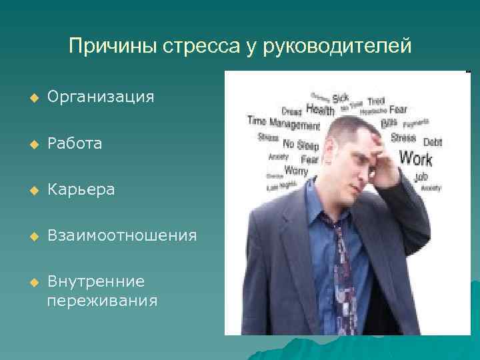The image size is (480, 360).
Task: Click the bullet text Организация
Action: tap(101, 97)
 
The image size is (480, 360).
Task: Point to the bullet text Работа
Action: tap(75, 143)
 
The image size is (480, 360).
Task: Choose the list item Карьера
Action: tap(81, 190)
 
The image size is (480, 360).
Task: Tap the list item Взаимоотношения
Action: tap(122, 235)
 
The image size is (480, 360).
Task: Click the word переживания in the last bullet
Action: tap(102, 301)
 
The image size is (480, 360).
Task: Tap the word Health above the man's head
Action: tap(320, 109)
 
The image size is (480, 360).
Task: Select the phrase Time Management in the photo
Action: tap(283, 123)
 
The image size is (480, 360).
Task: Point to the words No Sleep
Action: tap(301, 144)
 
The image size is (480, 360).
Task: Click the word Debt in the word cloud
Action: tap(432, 142)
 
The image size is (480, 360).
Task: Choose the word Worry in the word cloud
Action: tap(296, 171)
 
